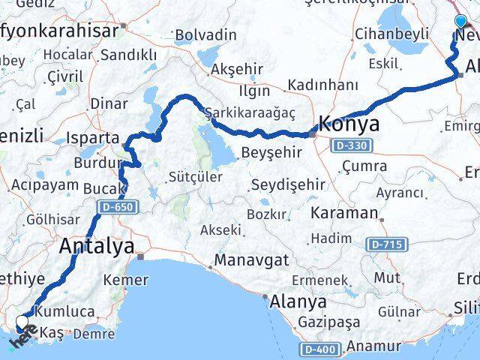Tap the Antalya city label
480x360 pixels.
tap(97, 245)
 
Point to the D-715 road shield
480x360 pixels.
tap(384, 244)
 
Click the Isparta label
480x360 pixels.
tap(93, 138)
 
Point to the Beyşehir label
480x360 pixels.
tap(271, 152)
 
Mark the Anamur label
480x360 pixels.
tap(376, 346)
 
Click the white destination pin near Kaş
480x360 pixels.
tap(22, 324)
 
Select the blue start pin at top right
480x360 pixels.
tap(460, 22)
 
